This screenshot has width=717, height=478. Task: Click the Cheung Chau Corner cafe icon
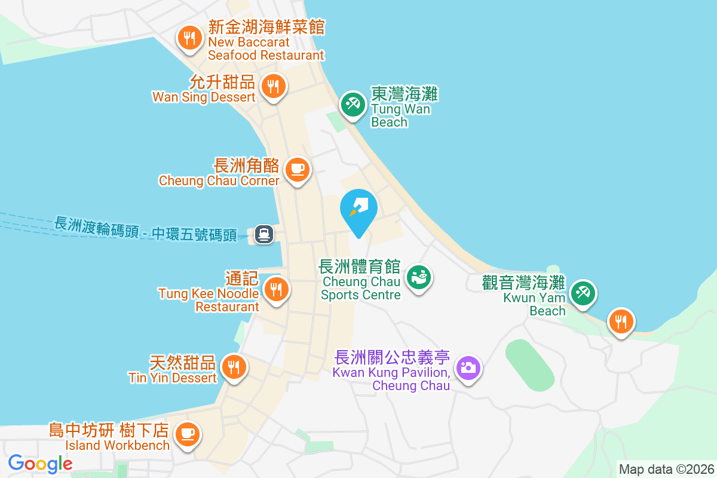pyautogui.click(x=297, y=169)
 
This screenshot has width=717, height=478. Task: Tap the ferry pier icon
pyautogui.click(x=263, y=234)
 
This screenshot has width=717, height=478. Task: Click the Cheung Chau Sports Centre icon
pyautogui.click(x=419, y=277)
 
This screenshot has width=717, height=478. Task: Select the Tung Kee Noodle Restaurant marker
pyautogui.click(x=275, y=290)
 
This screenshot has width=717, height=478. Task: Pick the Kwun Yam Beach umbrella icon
pyautogui.click(x=583, y=293)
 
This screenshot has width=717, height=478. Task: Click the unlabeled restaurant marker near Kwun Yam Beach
pyautogui.click(x=621, y=321)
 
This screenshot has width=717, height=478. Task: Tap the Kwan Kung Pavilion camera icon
pyautogui.click(x=468, y=367)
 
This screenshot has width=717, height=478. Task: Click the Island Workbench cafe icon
pyautogui.click(x=188, y=432)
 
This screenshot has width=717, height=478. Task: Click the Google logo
pyautogui.click(x=41, y=464)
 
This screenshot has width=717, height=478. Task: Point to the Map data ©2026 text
pyautogui.click(x=666, y=469)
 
